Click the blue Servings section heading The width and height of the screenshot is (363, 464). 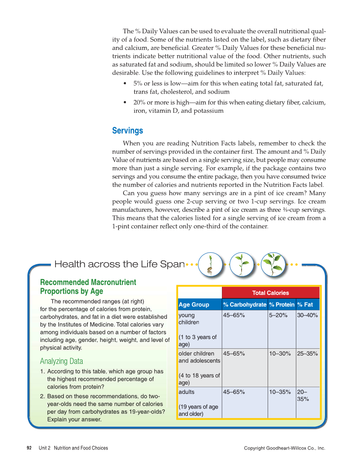pos(127,131)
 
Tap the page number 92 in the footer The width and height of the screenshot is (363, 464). pos(29,448)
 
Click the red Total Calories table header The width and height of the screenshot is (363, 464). pos(270,293)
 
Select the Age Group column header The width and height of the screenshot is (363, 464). pos(194,304)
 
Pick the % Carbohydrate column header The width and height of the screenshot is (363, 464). pos(245,304)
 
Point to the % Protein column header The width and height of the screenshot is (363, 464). pos(281,304)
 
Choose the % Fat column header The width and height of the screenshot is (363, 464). pos(305,304)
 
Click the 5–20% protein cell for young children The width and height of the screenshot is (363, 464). pos(278,315)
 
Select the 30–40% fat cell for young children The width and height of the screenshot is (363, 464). pos(307,315)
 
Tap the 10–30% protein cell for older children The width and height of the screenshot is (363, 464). pos(280,353)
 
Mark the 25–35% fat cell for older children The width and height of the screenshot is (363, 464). pos(307,353)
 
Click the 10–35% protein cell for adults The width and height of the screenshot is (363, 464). pos(280,392)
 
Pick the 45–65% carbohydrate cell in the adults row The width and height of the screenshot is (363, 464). pos(234,392)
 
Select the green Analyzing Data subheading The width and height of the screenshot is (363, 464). pos(62,361)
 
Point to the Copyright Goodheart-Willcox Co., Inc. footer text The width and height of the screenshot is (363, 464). pos(284,448)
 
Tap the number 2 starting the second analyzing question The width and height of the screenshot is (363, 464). pos(41,396)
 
